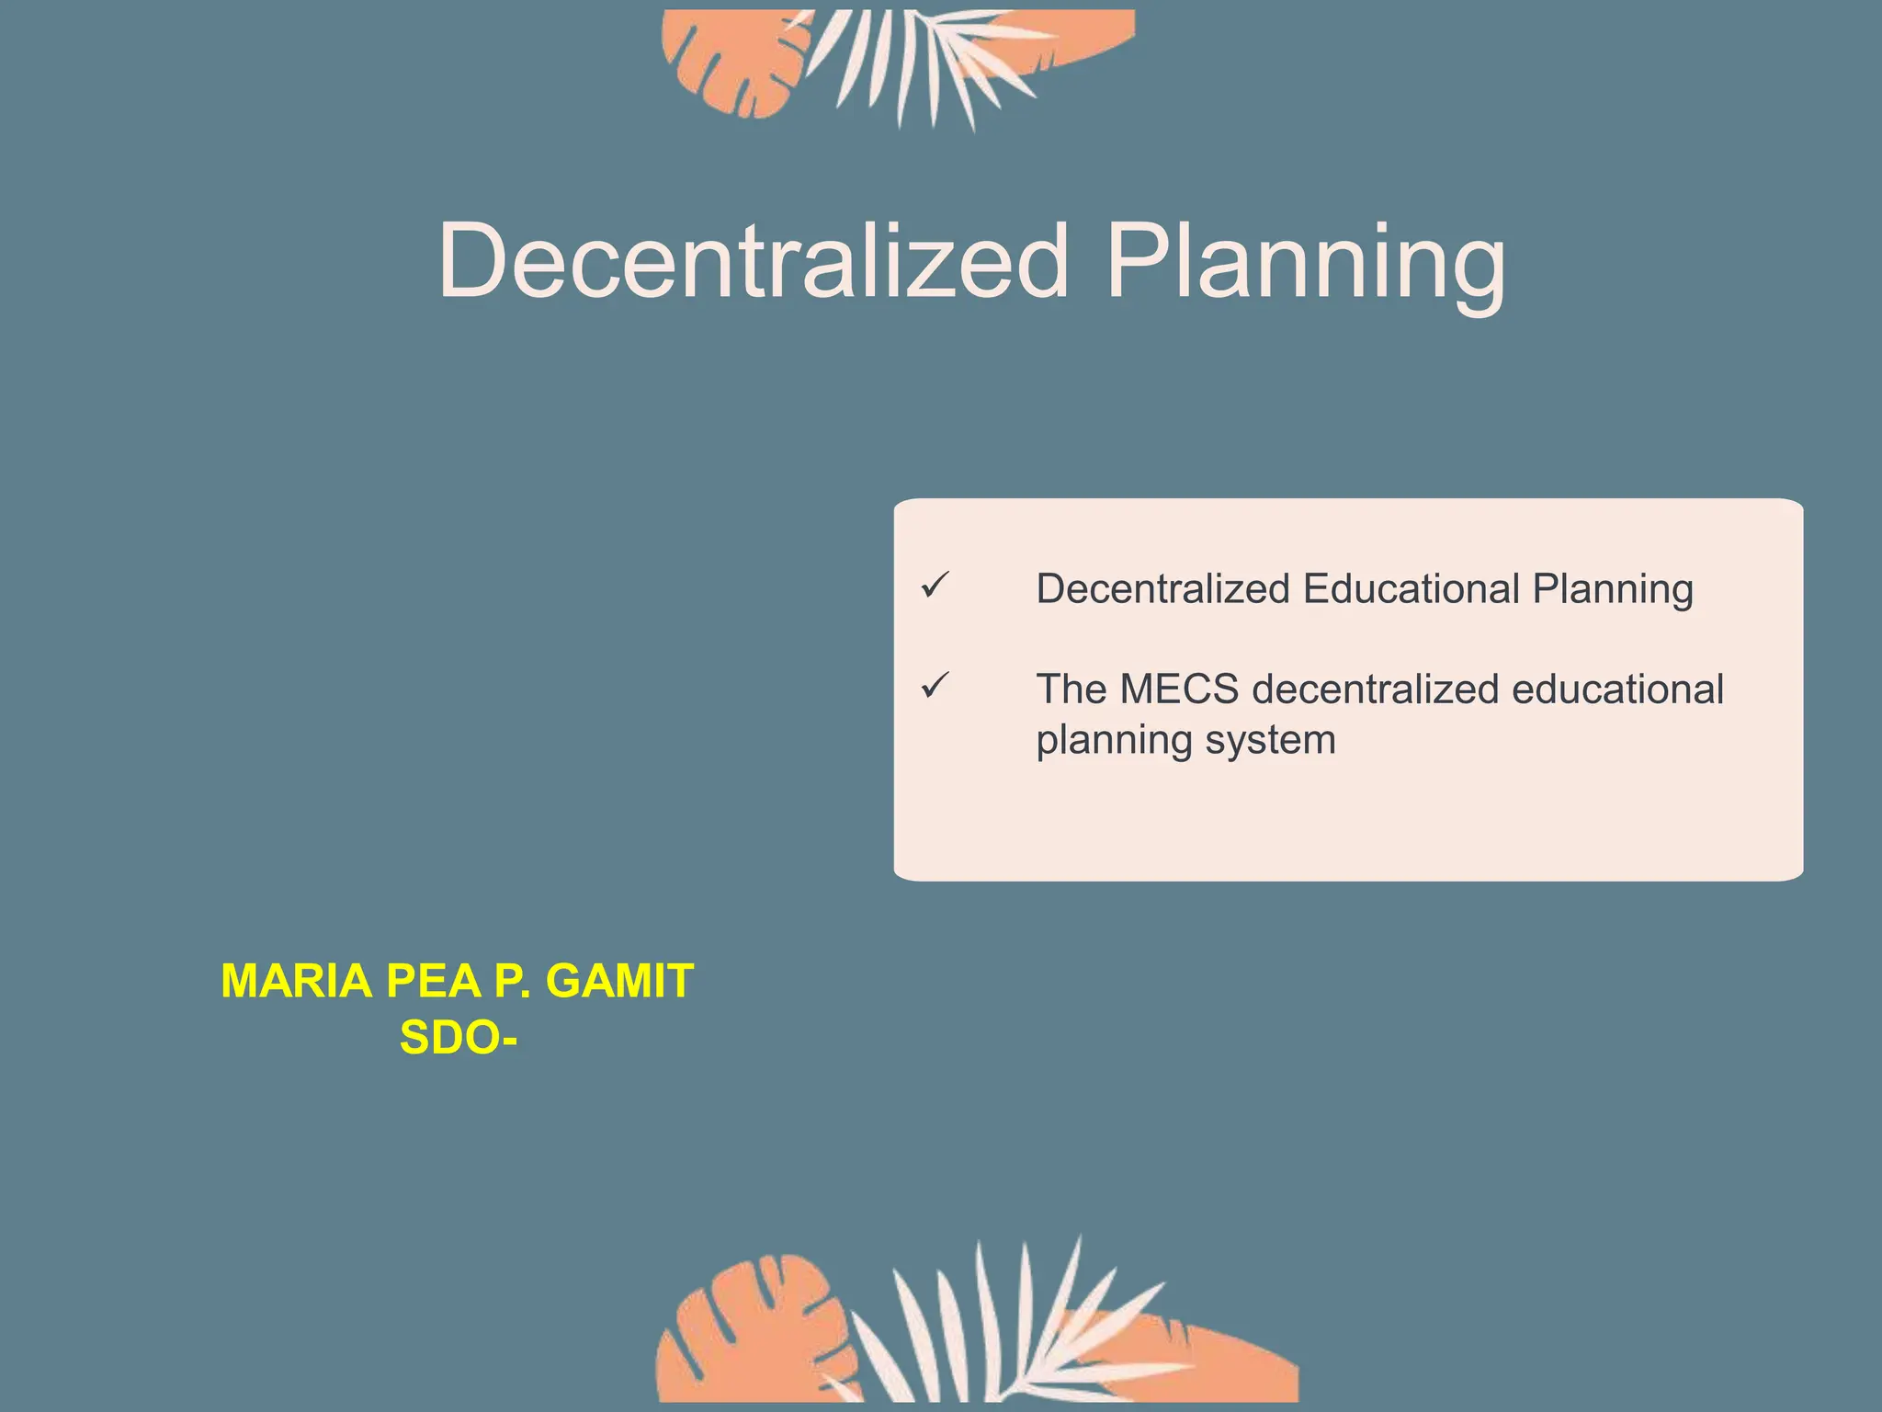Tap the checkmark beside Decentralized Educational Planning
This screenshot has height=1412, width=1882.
point(935,585)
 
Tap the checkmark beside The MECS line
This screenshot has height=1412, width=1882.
point(935,686)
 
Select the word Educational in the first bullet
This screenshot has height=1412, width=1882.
point(1411,589)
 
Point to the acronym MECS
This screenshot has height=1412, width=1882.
point(1179,689)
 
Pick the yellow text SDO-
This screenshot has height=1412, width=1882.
point(458,1039)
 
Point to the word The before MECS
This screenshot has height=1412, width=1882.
point(1071,689)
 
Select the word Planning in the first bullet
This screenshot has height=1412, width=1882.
point(1613,589)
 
